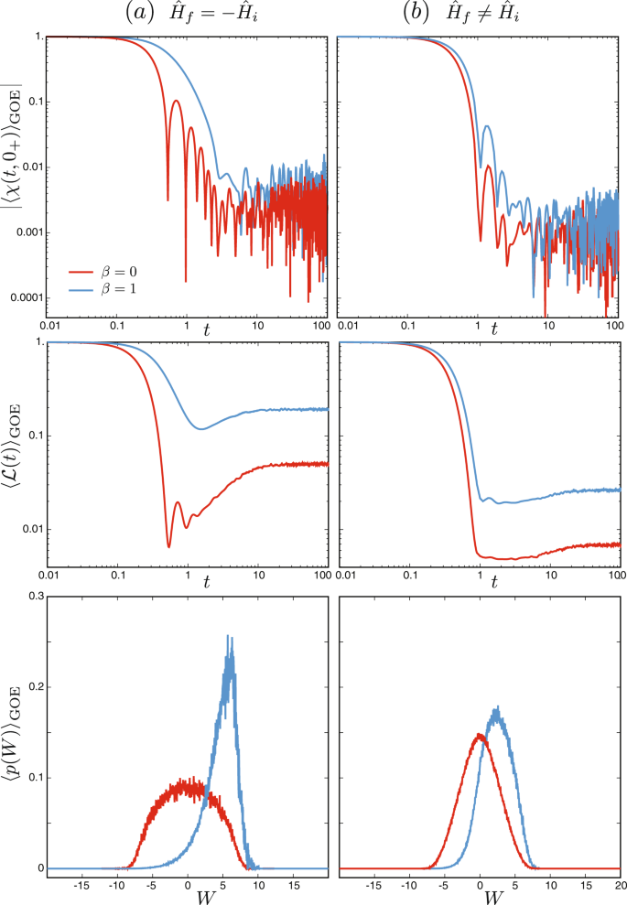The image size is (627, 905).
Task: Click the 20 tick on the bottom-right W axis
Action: pos(619,885)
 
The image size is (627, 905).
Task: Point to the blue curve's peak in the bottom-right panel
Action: pos(497,706)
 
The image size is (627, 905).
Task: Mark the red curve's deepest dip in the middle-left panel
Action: pos(168,546)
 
